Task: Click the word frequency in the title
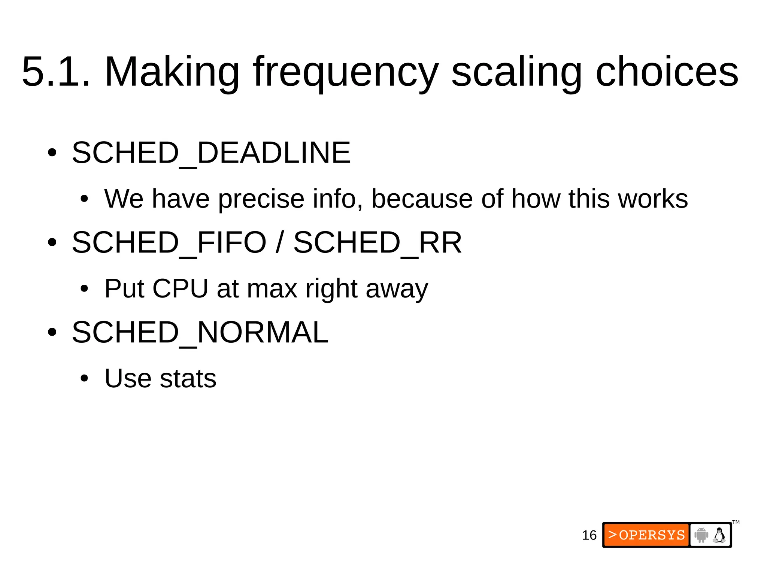click(345, 72)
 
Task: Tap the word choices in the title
click(667, 72)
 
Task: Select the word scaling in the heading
click(517, 72)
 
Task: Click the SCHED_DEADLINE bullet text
click(211, 152)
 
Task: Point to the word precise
click(261, 199)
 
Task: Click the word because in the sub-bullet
click(422, 199)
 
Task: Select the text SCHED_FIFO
click(169, 242)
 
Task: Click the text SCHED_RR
click(378, 242)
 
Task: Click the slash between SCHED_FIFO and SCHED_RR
click(279, 242)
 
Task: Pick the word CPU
click(180, 288)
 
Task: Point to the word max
click(272, 288)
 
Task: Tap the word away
click(397, 289)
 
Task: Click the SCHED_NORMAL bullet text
click(200, 332)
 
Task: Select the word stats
click(188, 378)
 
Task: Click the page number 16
click(589, 535)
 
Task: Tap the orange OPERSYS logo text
click(647, 535)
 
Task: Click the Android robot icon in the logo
click(701, 535)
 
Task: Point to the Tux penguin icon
click(719, 535)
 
